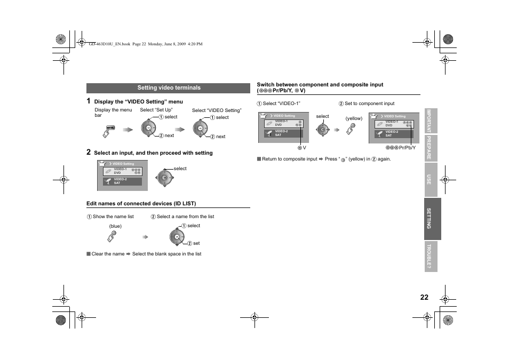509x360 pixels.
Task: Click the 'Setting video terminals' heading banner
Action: click(x=169, y=88)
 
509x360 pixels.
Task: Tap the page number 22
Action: click(x=424, y=298)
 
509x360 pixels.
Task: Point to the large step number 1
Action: click(x=89, y=101)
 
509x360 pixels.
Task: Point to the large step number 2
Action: click(x=89, y=152)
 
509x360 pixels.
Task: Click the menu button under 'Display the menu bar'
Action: click(x=110, y=130)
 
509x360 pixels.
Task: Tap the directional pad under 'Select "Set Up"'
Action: click(x=149, y=129)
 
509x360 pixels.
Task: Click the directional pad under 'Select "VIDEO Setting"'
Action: click(x=200, y=129)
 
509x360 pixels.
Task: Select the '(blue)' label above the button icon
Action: click(x=115, y=226)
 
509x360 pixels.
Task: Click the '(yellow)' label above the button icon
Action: click(x=354, y=118)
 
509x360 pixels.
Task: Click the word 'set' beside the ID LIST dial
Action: click(x=196, y=243)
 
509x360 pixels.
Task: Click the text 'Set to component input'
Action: click(x=369, y=103)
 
